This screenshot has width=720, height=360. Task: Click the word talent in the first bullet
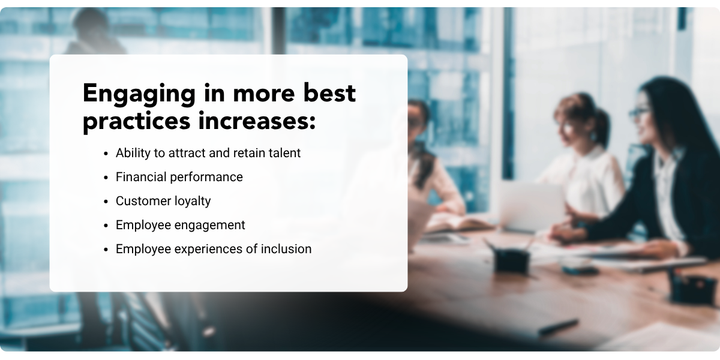283,153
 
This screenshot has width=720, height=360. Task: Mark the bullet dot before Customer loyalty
107,202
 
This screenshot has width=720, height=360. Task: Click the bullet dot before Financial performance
107,178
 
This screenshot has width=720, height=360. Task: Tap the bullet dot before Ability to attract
107,154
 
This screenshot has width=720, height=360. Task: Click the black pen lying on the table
557,327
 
